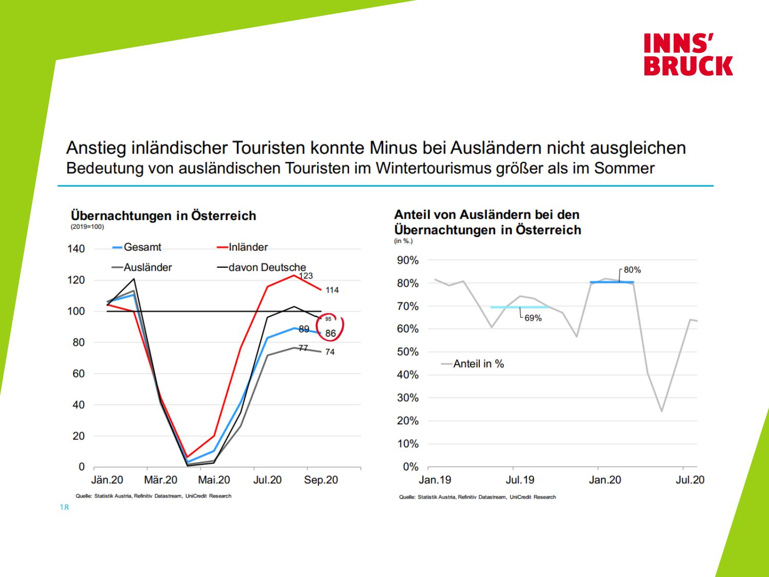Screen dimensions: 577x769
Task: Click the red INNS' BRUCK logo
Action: coord(688,54)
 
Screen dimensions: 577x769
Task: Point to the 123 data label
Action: coord(306,276)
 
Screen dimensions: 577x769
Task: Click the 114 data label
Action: coord(332,290)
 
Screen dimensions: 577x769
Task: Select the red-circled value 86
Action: coord(331,333)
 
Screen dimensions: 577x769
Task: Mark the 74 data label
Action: coord(330,352)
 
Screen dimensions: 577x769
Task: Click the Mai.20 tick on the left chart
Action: coord(214,480)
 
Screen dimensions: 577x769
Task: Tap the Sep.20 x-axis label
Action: coord(321,480)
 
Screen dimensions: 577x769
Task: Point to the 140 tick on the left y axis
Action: coord(76,249)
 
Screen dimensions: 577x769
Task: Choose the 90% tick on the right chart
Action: coord(408,261)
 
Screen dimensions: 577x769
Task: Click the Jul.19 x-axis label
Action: coord(520,480)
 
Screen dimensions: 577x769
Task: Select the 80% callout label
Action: coord(632,270)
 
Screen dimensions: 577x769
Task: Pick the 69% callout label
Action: coord(533,318)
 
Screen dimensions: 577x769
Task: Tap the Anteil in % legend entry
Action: coord(478,364)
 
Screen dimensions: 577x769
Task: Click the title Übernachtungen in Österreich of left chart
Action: coord(163,215)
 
